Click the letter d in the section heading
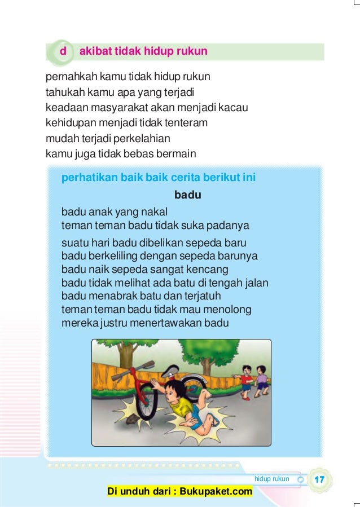coord(63,52)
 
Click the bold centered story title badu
coord(188,196)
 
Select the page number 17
coord(319,479)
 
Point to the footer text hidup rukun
coord(272,479)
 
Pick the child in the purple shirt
coord(262,378)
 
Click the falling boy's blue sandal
coord(213,420)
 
